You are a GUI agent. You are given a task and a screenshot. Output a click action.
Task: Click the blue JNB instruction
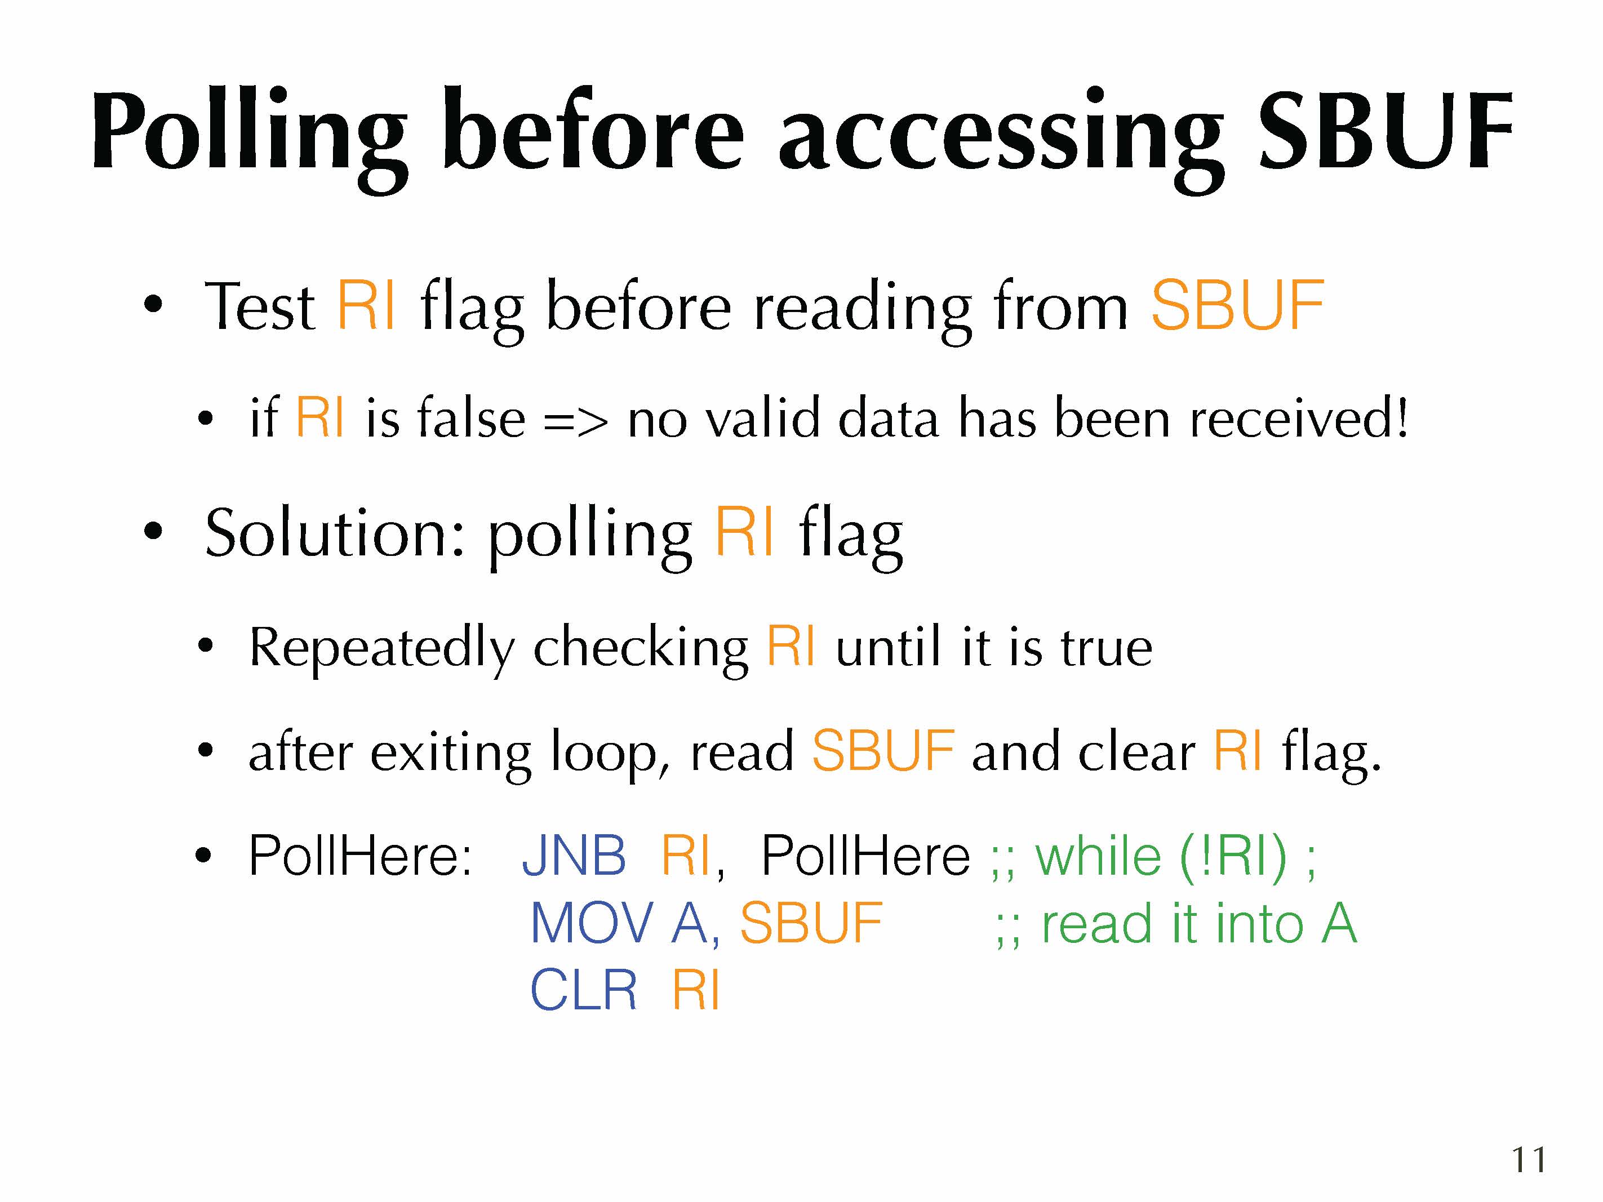click(x=574, y=856)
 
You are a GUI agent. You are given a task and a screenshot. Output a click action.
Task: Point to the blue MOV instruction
click(x=592, y=923)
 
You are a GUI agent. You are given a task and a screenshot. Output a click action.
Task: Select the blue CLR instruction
click(x=583, y=990)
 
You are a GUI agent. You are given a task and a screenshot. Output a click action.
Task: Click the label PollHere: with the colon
click(x=360, y=856)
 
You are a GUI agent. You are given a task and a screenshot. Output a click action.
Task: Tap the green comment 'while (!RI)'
click(x=1153, y=857)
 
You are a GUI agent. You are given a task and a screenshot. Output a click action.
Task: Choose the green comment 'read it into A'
click(x=1175, y=923)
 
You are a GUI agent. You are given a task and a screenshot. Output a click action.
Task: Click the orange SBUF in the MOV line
click(x=811, y=923)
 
